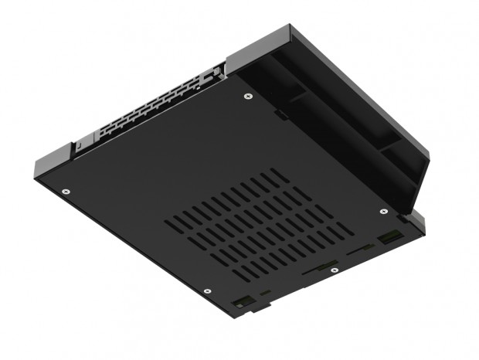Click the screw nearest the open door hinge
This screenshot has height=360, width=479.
[x=247, y=97]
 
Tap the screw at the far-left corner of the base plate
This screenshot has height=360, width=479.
[x=66, y=191]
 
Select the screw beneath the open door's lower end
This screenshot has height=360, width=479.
[x=384, y=210]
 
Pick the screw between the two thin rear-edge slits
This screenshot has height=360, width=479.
[x=333, y=270]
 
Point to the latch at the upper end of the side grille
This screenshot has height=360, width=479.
[x=212, y=73]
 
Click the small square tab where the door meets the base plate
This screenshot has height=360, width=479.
[x=283, y=117]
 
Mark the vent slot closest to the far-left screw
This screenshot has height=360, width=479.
[x=175, y=222]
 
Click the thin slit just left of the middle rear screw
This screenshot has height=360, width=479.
[x=312, y=272]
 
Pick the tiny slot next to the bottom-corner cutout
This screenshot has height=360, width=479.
[x=265, y=293]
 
